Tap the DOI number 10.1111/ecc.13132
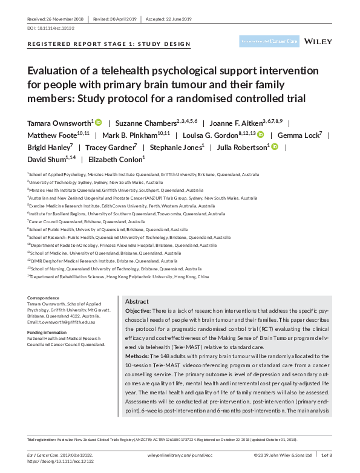[x=51, y=28]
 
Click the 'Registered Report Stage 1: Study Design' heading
[x=109, y=44]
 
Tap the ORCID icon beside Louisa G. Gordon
[x=260, y=135]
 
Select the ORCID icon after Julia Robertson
[x=274, y=147]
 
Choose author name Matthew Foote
[x=55, y=135]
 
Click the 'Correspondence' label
[x=44, y=298]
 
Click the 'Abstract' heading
[x=136, y=301]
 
